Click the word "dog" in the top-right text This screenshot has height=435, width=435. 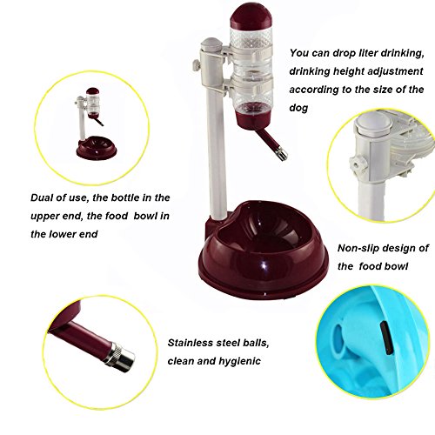coord(298,108)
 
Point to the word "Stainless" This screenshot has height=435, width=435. coord(191,343)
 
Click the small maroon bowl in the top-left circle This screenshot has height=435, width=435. coord(97,148)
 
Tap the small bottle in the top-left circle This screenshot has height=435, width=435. coord(93,103)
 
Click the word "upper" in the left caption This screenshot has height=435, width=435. coord(43,217)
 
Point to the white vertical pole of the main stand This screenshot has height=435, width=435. coord(216,151)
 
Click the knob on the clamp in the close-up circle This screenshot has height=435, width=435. coord(356,164)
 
